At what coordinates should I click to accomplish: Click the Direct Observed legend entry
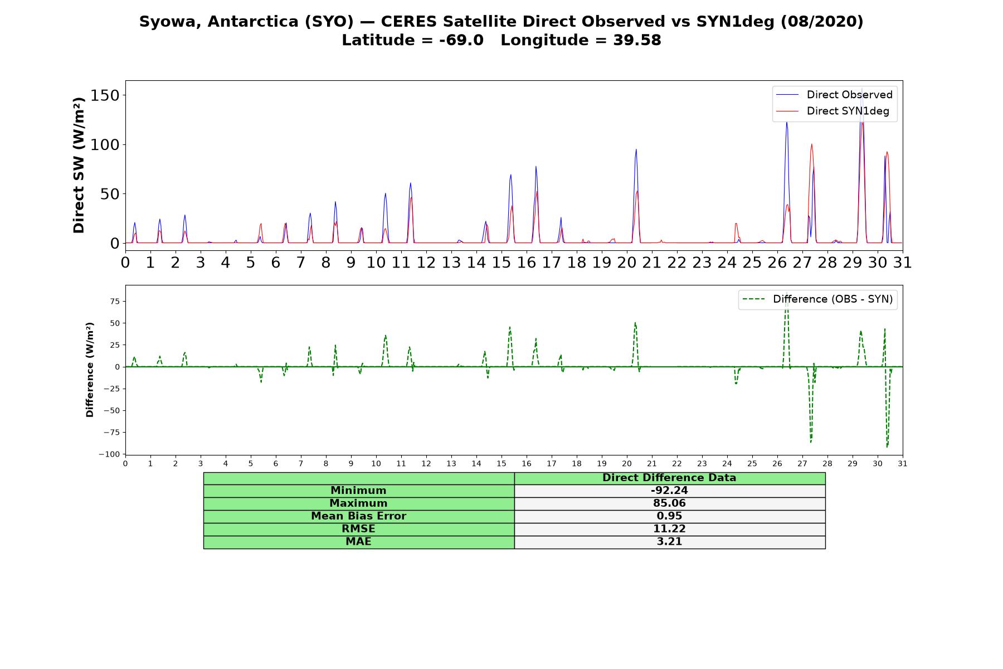click(835, 95)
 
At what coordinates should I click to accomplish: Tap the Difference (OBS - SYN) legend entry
click(817, 299)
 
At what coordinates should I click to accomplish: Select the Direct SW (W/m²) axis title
click(79, 165)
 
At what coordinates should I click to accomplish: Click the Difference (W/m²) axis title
click(90, 370)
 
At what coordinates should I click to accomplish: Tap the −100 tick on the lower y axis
click(109, 454)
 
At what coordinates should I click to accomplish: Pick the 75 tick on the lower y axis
click(115, 302)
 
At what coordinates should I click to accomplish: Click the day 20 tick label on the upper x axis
click(627, 262)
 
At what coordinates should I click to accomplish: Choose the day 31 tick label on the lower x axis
click(903, 464)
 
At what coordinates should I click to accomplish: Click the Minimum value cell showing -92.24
click(669, 491)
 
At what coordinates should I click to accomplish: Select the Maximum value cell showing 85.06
click(669, 503)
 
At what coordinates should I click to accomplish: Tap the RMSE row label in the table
click(358, 529)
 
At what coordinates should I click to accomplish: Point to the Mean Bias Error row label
click(358, 516)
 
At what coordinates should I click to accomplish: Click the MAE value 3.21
click(669, 542)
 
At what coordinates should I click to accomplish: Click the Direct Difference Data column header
click(669, 478)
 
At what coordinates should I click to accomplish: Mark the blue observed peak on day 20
click(636, 149)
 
